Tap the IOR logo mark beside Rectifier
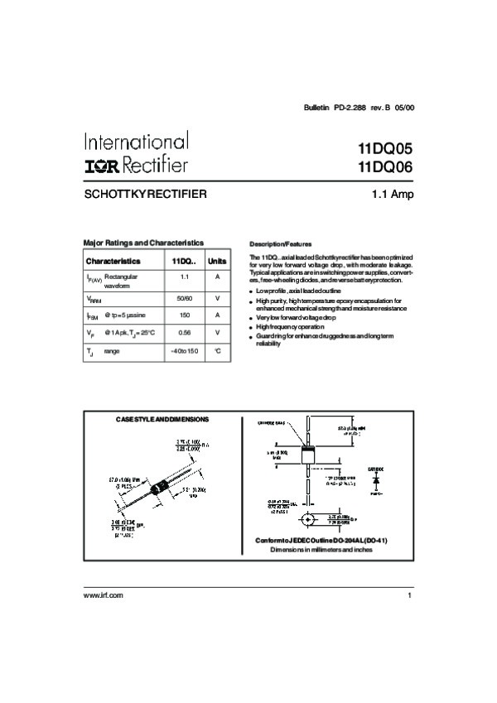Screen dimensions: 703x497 tap(104, 165)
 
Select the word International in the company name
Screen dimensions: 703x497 tap(136, 142)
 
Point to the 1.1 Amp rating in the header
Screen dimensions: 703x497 tap(393, 195)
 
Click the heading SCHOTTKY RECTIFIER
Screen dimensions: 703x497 tap(145, 195)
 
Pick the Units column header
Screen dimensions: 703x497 tap(217, 261)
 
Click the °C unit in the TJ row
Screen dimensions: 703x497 tap(217, 351)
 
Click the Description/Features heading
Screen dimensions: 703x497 tap(280, 244)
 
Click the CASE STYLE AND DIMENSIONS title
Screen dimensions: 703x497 tap(162, 419)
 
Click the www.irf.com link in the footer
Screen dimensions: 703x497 tap(104, 595)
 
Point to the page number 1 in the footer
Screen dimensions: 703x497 tap(409, 595)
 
